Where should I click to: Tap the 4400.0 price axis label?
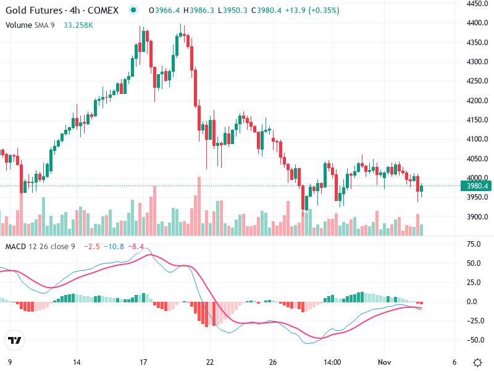pos(478,23)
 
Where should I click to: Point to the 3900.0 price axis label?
pos(478,216)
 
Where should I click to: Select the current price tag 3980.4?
pos(478,186)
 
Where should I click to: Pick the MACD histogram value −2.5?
pos(91,247)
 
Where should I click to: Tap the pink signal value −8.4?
pos(136,247)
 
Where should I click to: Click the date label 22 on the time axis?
pos(210,362)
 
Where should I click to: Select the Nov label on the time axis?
pos(385,362)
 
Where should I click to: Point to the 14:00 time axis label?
pos(333,362)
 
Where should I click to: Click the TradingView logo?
pos(14,340)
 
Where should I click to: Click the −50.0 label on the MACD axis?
pos(474,340)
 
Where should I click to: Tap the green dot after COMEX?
pos(133,11)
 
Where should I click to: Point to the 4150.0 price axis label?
pos(478,119)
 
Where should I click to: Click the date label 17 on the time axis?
pos(143,362)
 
